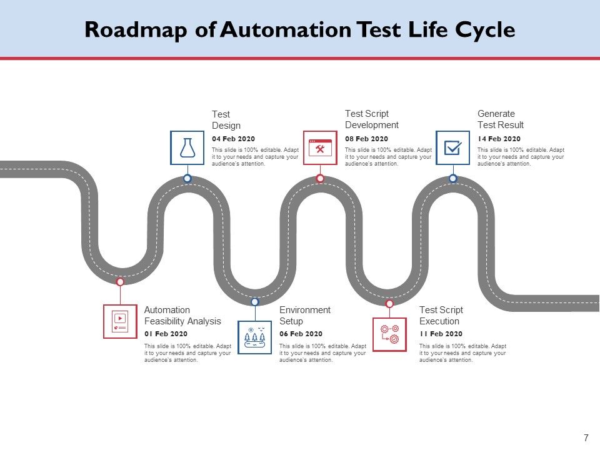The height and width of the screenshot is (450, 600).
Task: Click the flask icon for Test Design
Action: click(x=187, y=147)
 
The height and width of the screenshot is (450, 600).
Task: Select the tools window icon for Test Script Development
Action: click(x=320, y=147)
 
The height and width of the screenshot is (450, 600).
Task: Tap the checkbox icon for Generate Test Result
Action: click(x=452, y=147)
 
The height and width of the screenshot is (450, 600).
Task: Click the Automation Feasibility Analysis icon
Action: click(x=120, y=321)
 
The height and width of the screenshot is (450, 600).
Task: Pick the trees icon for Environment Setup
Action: click(x=255, y=337)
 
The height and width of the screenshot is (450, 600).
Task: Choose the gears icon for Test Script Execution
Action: click(x=389, y=334)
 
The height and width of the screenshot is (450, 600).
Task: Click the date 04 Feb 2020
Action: click(x=233, y=139)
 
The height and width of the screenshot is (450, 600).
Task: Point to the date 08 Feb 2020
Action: click(x=366, y=139)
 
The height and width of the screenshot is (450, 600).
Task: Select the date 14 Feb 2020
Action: click(x=499, y=139)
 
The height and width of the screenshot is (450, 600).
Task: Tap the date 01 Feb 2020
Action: click(x=166, y=334)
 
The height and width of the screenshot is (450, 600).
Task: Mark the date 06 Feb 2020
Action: click(x=301, y=334)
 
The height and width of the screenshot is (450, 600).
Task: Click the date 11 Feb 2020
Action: click(x=441, y=334)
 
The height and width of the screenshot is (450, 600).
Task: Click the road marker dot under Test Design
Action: click(x=187, y=179)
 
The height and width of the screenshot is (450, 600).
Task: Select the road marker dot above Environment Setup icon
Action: click(x=255, y=302)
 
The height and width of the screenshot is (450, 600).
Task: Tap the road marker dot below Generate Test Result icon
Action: click(x=452, y=179)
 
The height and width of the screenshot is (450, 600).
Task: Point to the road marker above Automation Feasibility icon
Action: click(x=120, y=282)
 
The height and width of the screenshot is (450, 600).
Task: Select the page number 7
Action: click(x=586, y=437)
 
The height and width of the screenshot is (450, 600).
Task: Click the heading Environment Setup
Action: click(x=304, y=316)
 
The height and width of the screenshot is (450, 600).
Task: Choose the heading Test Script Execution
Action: click(x=441, y=316)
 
